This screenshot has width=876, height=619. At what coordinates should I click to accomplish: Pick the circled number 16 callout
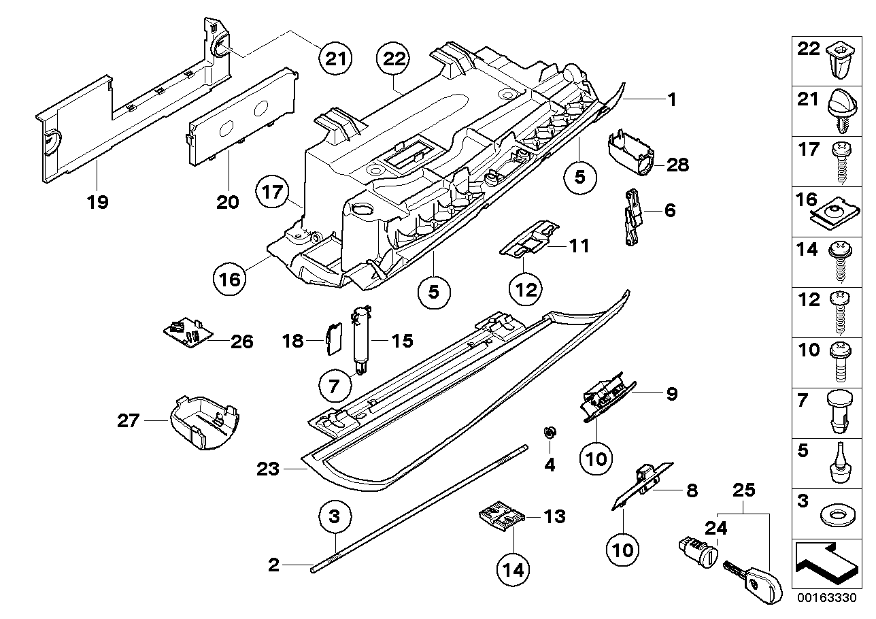tap(231, 278)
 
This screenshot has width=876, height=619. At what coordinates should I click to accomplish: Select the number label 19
tap(98, 203)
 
